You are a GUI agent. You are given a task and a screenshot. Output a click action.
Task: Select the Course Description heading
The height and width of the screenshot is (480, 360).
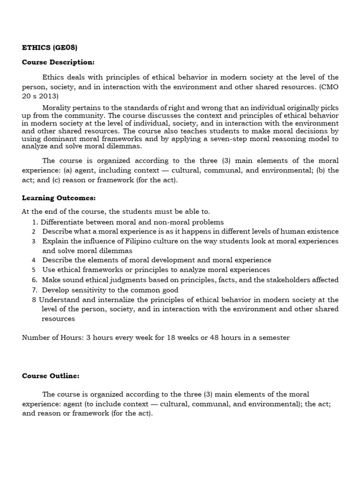58,62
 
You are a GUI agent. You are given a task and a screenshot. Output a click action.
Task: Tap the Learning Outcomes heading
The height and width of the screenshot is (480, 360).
59,198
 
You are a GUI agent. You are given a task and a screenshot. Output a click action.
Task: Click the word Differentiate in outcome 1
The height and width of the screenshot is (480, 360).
61,222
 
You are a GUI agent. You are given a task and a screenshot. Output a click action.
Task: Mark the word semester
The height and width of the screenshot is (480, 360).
273,337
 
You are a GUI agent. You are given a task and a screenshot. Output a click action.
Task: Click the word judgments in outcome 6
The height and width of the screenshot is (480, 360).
127,280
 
